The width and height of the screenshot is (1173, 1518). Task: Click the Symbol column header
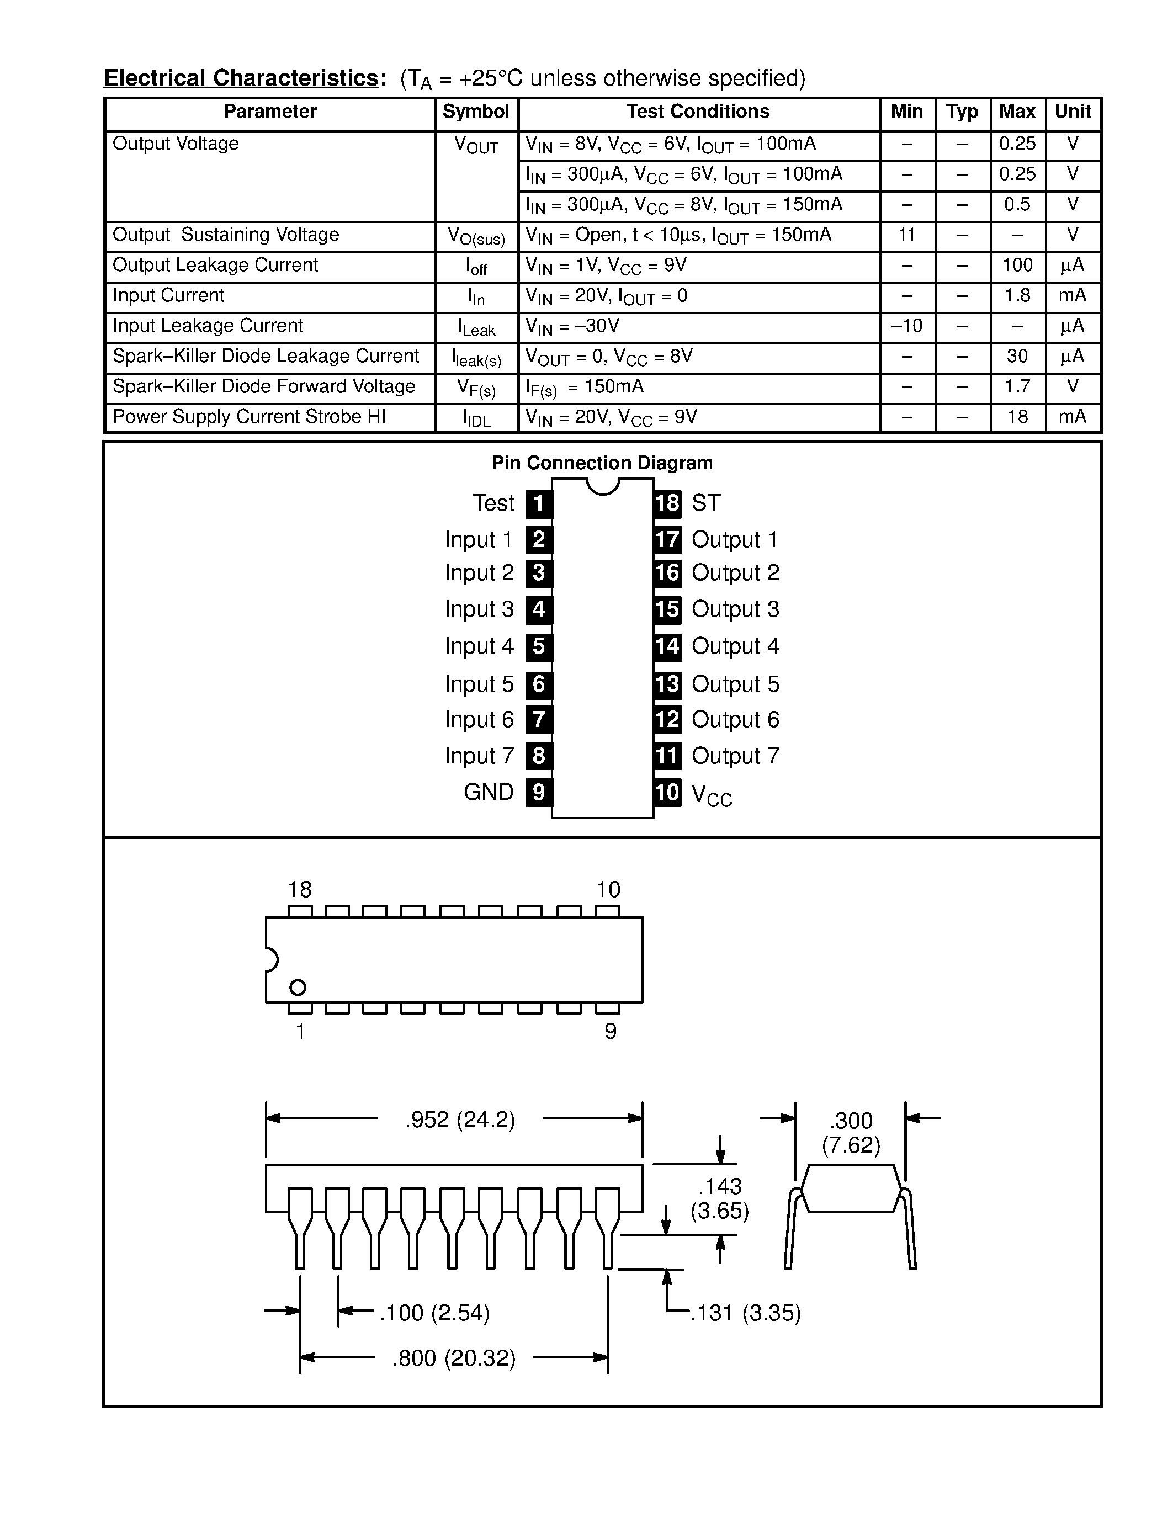click(476, 112)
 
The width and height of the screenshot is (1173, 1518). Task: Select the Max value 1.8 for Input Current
click(1017, 296)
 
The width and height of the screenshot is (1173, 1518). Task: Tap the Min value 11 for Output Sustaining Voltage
click(906, 235)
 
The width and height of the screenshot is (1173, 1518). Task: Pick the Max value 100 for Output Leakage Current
click(1017, 266)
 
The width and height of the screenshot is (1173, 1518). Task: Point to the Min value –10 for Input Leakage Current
click(906, 326)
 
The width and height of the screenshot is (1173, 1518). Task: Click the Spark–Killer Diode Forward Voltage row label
click(264, 386)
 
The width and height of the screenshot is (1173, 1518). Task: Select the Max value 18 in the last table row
click(1017, 417)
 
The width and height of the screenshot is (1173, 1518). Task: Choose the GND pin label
click(489, 792)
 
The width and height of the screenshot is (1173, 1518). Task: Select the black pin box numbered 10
click(667, 792)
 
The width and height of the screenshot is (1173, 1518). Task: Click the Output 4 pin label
click(735, 646)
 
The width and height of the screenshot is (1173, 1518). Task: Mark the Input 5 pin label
click(480, 684)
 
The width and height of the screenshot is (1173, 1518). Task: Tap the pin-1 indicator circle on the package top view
click(298, 988)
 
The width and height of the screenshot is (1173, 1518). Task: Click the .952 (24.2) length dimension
click(460, 1121)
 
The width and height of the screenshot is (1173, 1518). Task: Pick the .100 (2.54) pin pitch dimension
click(434, 1313)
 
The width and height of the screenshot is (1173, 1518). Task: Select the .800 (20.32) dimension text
click(454, 1358)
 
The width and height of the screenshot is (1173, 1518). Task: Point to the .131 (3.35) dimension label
click(746, 1313)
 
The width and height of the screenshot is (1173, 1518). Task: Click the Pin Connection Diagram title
click(602, 463)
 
